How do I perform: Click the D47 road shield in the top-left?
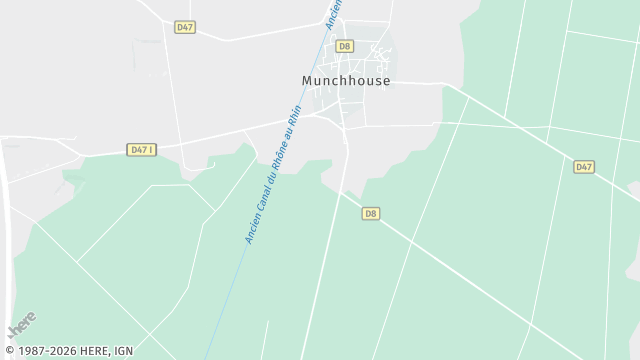click(184, 27)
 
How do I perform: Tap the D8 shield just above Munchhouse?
click(344, 45)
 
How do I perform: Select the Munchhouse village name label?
click(346, 81)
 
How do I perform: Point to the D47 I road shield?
click(142, 149)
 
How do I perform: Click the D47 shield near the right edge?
click(584, 166)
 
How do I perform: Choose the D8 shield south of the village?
click(371, 213)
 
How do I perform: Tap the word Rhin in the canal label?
click(294, 113)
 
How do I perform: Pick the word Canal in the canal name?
click(261, 196)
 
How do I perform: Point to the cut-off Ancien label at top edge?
click(333, 11)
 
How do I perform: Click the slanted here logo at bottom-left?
click(21, 326)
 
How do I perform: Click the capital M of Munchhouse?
click(307, 81)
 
